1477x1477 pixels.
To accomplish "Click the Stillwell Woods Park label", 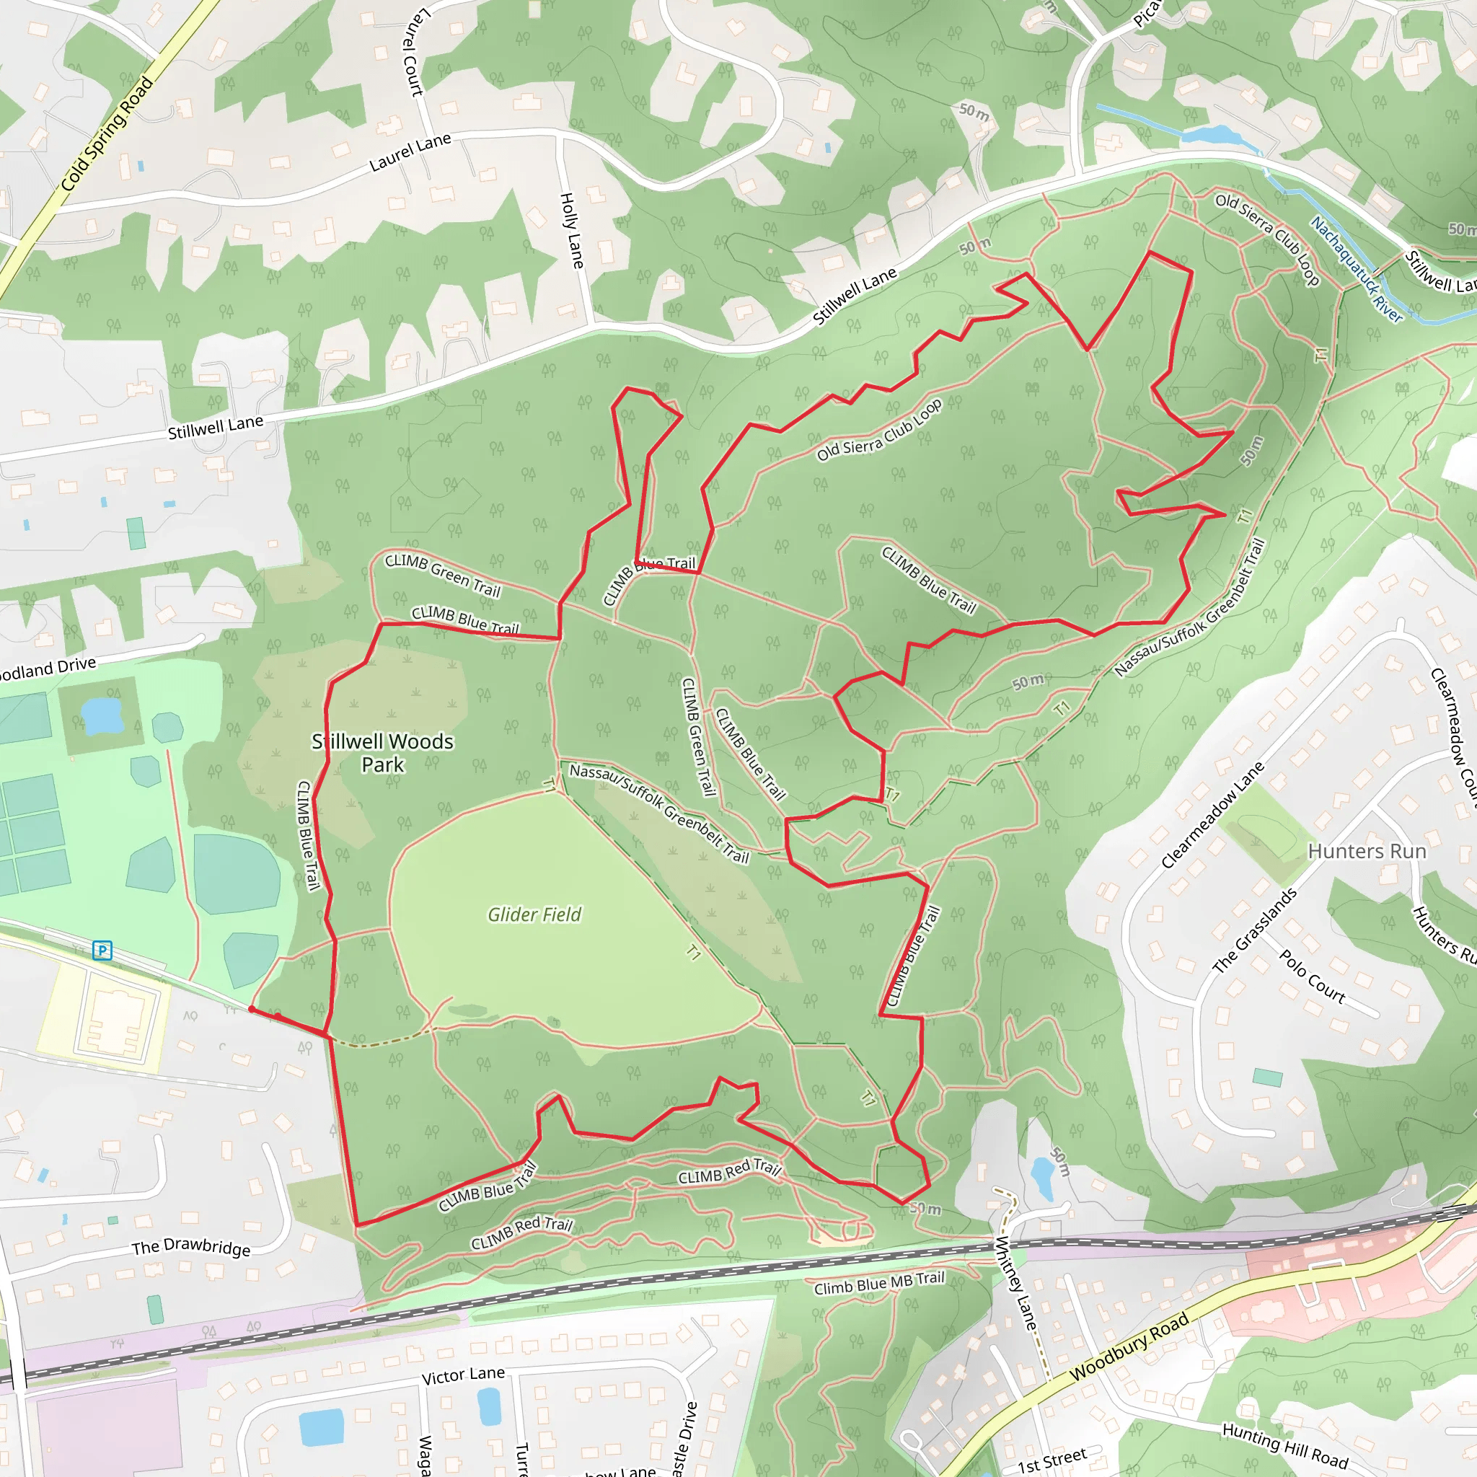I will (x=382, y=752).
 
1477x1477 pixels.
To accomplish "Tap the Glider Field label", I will (x=534, y=914).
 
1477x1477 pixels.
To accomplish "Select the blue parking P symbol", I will (x=102, y=951).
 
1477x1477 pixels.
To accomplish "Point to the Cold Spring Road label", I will (x=107, y=134).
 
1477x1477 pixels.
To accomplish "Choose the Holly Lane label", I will (x=572, y=230).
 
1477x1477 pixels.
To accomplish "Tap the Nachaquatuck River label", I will (x=1357, y=269).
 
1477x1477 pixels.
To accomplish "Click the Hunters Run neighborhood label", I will (x=1367, y=852).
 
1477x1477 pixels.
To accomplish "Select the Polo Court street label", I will (x=1312, y=976).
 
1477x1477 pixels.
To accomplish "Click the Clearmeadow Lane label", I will (x=1212, y=815).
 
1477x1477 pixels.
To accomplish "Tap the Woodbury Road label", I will (x=1129, y=1346).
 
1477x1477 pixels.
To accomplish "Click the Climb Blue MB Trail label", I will (x=879, y=1284).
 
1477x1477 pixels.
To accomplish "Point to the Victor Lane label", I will (x=463, y=1375).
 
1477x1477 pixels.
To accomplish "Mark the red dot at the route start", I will (x=252, y=1009).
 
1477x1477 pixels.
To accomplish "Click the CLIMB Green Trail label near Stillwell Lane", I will (x=443, y=575).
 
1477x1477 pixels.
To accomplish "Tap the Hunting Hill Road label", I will (x=1285, y=1445).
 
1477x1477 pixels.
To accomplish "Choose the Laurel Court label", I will (x=412, y=52).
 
